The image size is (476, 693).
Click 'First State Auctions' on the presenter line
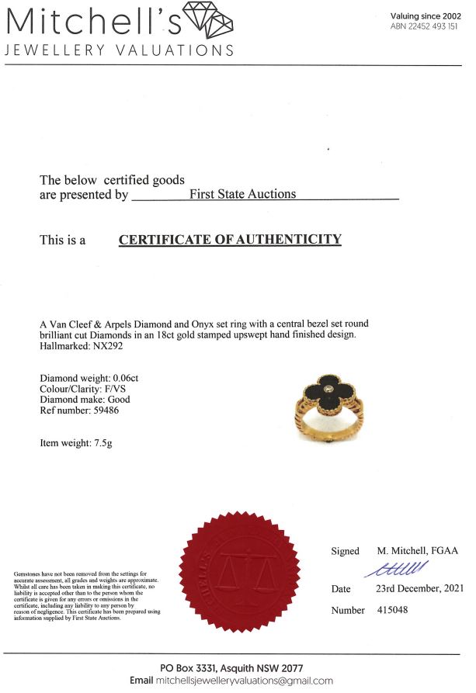click(242, 194)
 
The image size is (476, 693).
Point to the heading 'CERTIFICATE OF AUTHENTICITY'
click(230, 239)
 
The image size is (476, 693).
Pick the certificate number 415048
click(392, 610)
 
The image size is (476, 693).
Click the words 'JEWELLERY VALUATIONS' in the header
click(119, 50)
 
